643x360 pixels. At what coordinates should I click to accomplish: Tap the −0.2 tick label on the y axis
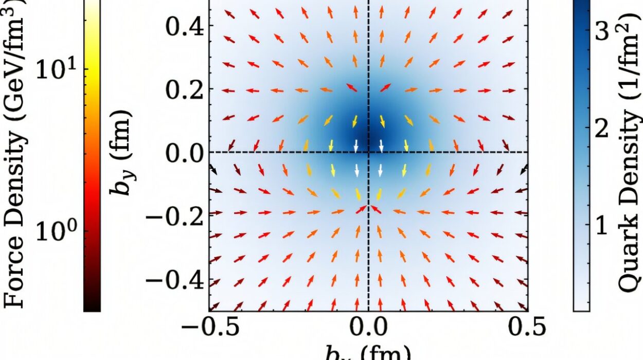(175, 217)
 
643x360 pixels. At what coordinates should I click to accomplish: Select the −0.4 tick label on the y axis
(175, 281)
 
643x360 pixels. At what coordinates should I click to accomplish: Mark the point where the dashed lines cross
(368, 152)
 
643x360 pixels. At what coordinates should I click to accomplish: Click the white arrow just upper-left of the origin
(355, 146)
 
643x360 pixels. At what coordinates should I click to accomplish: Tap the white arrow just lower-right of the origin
(381, 170)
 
